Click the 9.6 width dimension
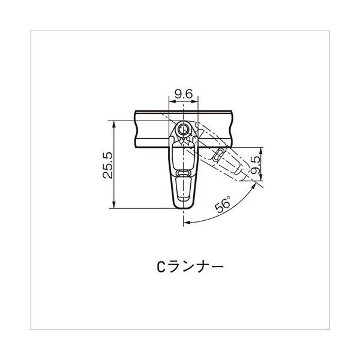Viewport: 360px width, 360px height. click(x=183, y=94)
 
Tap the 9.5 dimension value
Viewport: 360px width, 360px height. click(x=257, y=165)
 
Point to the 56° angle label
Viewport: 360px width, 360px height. click(x=223, y=205)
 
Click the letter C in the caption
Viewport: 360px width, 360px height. click(x=153, y=266)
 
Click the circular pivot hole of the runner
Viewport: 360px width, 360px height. click(x=184, y=130)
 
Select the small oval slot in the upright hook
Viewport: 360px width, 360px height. click(x=184, y=173)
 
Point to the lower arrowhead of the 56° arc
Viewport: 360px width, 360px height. click(x=187, y=223)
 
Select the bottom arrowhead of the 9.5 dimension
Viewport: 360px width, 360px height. click(x=260, y=178)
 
